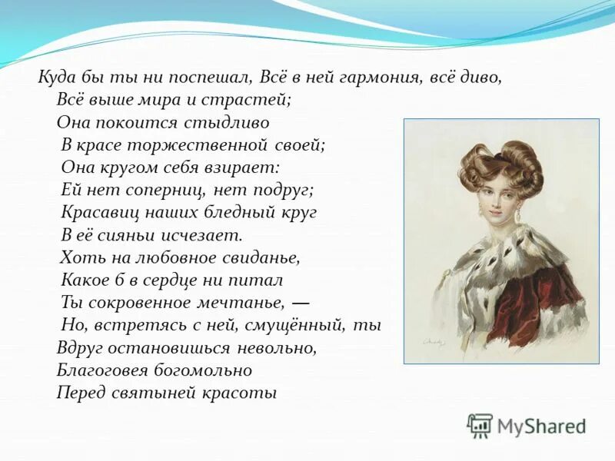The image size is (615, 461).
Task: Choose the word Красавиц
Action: [x=98, y=211]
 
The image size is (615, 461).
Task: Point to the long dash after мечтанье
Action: [x=301, y=301]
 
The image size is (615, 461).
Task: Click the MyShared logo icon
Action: [x=480, y=425]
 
